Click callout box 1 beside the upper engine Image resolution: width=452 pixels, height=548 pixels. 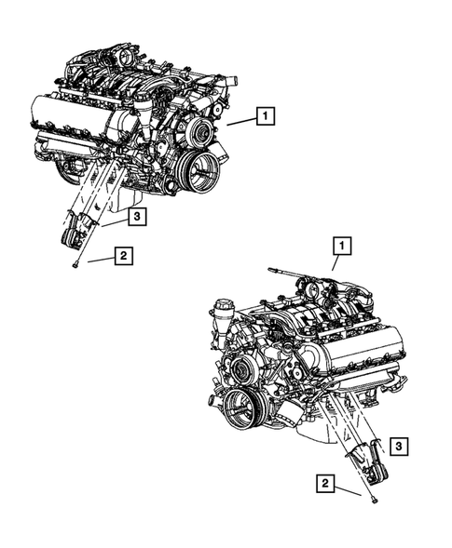tap(265, 116)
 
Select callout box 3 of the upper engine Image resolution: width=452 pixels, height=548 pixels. tap(136, 217)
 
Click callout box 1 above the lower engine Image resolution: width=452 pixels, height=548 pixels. tap(343, 247)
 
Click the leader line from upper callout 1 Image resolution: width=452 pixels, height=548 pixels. tap(240, 121)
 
